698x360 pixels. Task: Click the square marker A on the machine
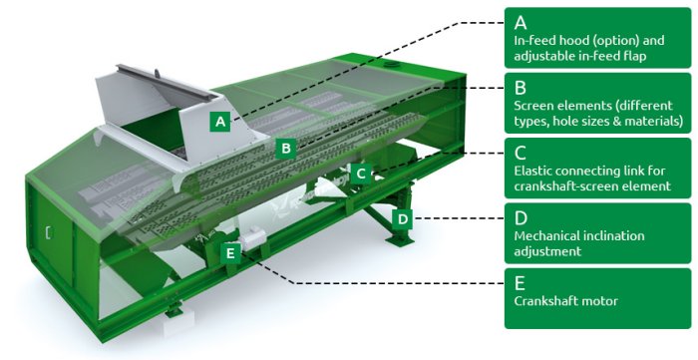click(x=220, y=121)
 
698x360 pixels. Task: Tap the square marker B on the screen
click(x=286, y=149)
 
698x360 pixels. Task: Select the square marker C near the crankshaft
click(x=361, y=174)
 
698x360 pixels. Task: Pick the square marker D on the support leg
click(x=402, y=219)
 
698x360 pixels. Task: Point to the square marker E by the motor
click(x=230, y=253)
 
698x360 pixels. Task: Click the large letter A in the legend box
click(x=521, y=22)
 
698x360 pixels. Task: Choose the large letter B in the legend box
click(x=520, y=88)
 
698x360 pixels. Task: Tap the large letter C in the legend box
click(x=520, y=154)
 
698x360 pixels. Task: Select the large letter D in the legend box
click(x=521, y=218)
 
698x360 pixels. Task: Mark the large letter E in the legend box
click(x=520, y=283)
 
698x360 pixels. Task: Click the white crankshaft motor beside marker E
click(x=252, y=239)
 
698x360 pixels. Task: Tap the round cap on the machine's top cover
click(x=391, y=65)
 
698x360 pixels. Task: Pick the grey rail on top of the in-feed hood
click(x=164, y=83)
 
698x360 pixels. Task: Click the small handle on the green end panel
click(x=48, y=232)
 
